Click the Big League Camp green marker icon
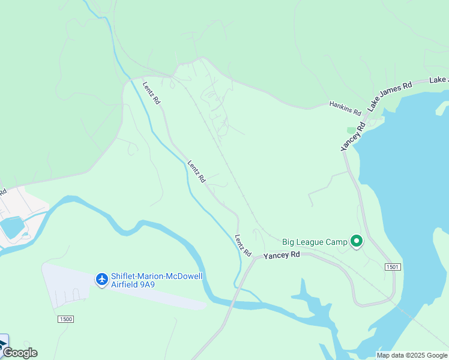pyautogui.click(x=357, y=242)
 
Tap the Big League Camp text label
pyautogui.click(x=315, y=242)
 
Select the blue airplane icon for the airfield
pyautogui.click(x=102, y=279)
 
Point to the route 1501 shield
pyautogui.click(x=393, y=266)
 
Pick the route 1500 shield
pyautogui.click(x=66, y=319)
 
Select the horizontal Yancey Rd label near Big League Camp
pyautogui.click(x=282, y=255)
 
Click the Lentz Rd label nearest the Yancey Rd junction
pyautogui.click(x=243, y=244)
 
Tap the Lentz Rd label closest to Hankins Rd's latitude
pyautogui.click(x=151, y=92)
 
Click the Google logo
pyautogui.click(x=19, y=353)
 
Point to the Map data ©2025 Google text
pyautogui.click(x=412, y=355)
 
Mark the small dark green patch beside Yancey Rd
pyautogui.click(x=352, y=130)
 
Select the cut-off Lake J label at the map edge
pyautogui.click(x=439, y=80)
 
